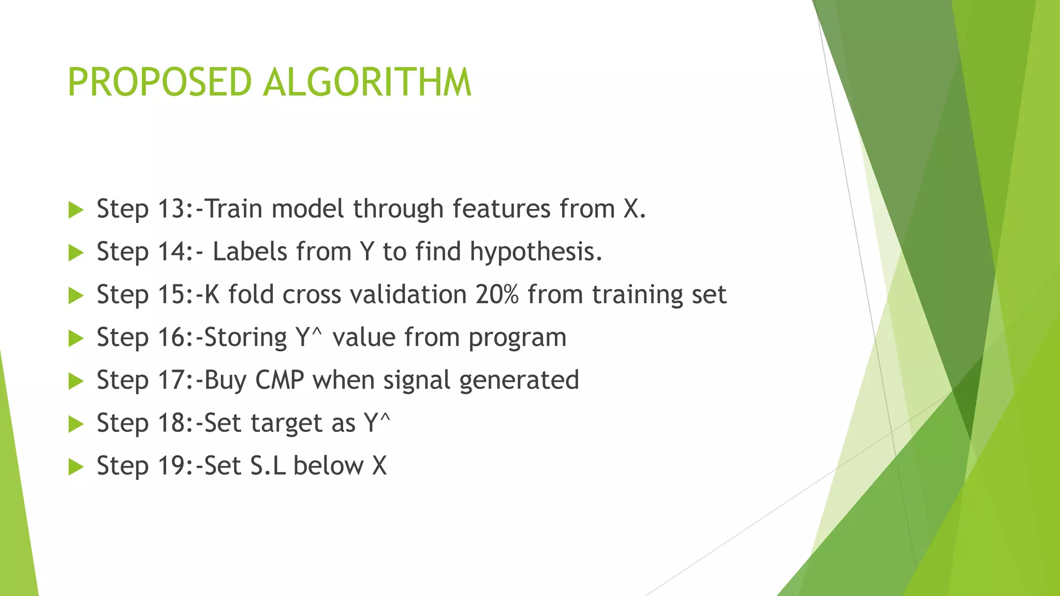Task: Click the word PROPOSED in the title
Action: coord(159,83)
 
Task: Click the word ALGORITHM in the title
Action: coord(367,83)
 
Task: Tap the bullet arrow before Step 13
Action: coord(76,210)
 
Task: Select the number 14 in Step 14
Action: coord(172,252)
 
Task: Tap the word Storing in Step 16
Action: coord(245,338)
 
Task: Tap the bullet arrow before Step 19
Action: coord(76,467)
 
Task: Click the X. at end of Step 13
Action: coord(635,209)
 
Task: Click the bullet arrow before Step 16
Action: coord(76,339)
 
